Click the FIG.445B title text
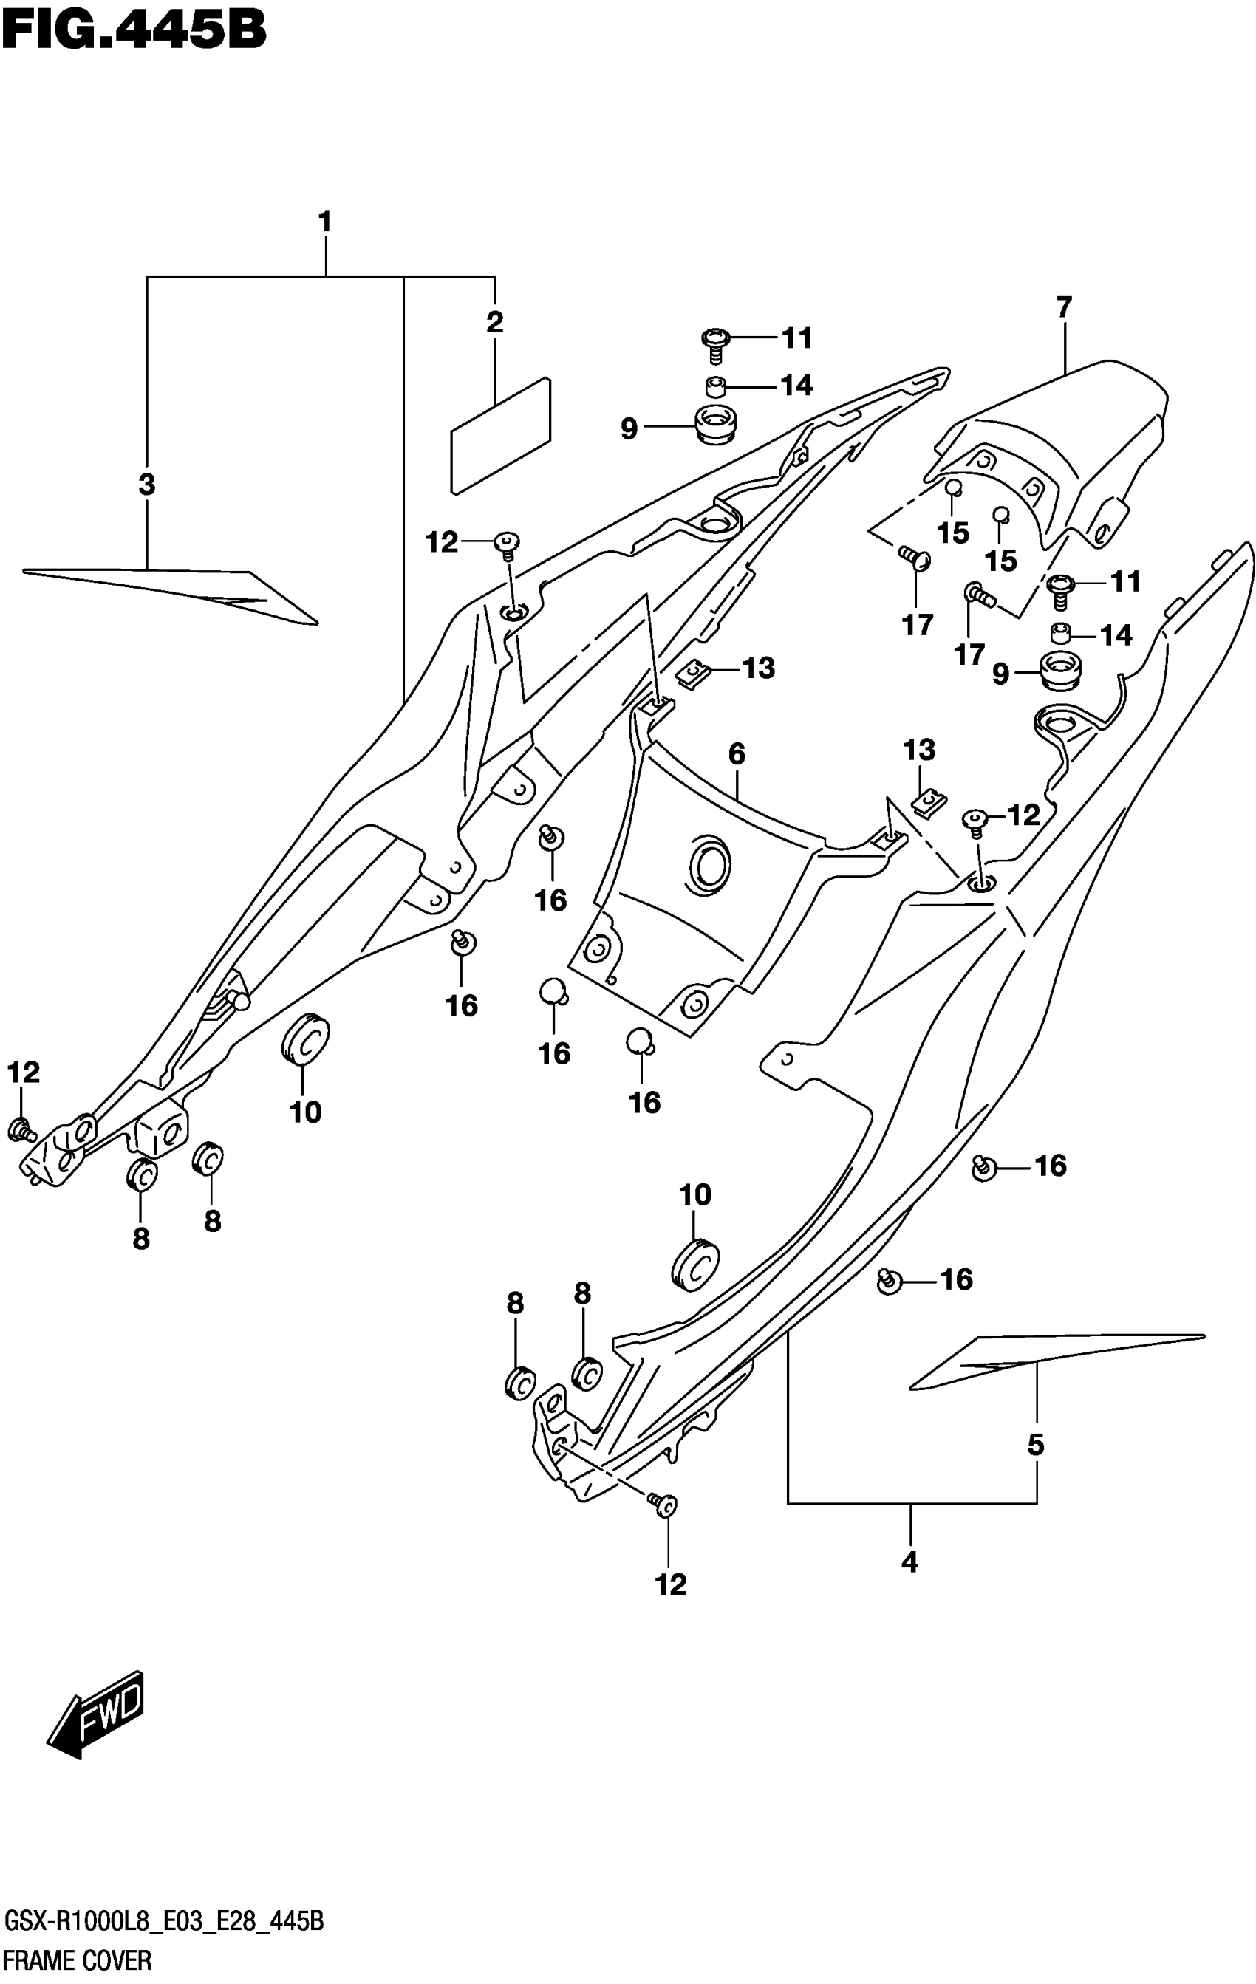(134, 31)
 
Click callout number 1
(325, 222)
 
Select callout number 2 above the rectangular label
(494, 322)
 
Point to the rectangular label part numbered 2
(500, 437)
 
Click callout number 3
(147, 485)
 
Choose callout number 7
(1064, 307)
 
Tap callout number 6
(737, 753)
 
